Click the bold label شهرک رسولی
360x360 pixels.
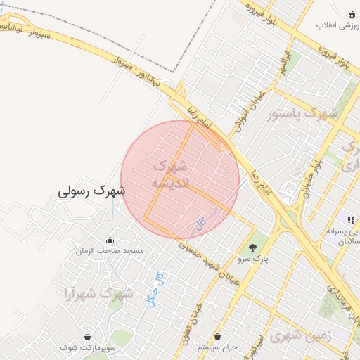click(92, 191)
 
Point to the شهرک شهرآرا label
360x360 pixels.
click(98, 294)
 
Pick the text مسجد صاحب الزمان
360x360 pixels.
click(110, 250)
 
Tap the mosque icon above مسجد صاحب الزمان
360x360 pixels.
click(110, 239)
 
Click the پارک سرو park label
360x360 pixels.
click(253, 258)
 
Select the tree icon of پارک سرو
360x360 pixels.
click(253, 247)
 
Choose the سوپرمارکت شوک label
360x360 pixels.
click(87, 347)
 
